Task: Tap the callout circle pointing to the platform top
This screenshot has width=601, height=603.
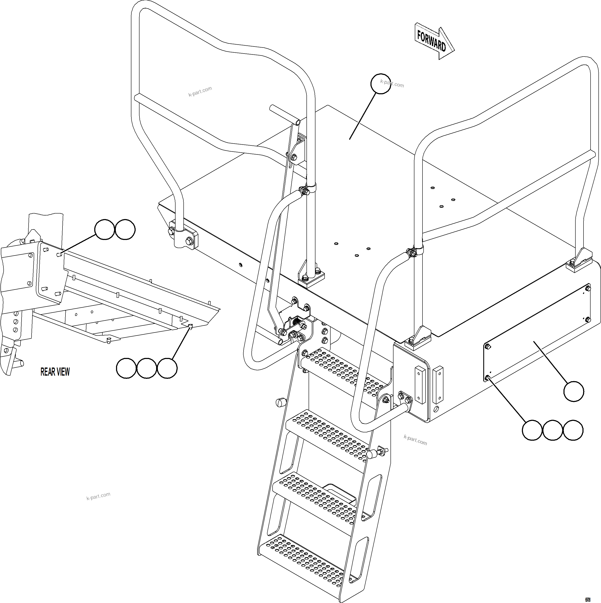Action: [380, 84]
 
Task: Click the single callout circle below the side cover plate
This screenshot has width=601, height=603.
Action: [573, 391]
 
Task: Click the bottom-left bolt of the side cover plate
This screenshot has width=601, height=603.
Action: [487, 378]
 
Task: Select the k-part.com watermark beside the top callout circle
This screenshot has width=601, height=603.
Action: [392, 84]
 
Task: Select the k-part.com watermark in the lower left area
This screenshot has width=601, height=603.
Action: [98, 496]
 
